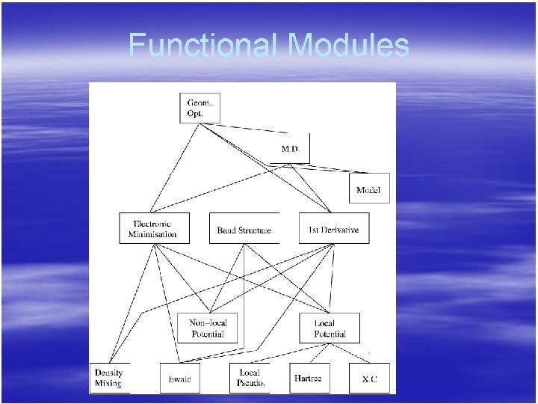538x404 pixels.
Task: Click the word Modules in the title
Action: point(348,45)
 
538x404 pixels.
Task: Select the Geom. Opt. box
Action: point(199,108)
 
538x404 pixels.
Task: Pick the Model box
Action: point(368,189)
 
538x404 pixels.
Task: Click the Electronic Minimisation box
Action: point(153,228)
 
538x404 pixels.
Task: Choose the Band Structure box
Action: point(244,230)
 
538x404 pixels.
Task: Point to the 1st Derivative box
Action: point(333,229)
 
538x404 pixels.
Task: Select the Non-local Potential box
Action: point(208,328)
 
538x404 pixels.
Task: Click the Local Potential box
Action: point(330,328)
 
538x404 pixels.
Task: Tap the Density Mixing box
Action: point(109,378)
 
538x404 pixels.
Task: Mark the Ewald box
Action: point(179,379)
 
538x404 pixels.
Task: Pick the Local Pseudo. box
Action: point(249,378)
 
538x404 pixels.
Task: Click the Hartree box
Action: point(308,378)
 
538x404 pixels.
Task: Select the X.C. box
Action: point(369,379)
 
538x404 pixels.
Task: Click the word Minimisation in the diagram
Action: point(153,234)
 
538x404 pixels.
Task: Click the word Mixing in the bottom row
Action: point(108,384)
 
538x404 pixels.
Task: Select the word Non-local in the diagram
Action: point(208,322)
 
